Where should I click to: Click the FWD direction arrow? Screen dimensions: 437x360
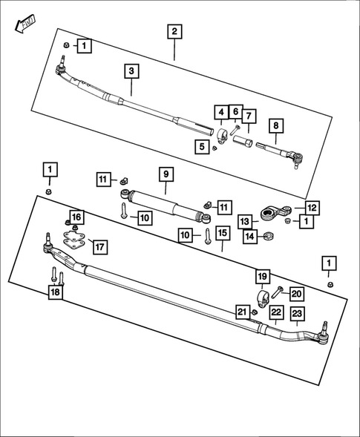24,24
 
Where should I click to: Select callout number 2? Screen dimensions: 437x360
174,31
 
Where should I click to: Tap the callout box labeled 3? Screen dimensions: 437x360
131,71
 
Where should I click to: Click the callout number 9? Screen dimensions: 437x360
167,174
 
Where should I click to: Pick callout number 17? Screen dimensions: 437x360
98,246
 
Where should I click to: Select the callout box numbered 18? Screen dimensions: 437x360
56,292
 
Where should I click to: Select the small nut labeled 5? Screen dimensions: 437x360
215,147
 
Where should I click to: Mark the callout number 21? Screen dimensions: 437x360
241,312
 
